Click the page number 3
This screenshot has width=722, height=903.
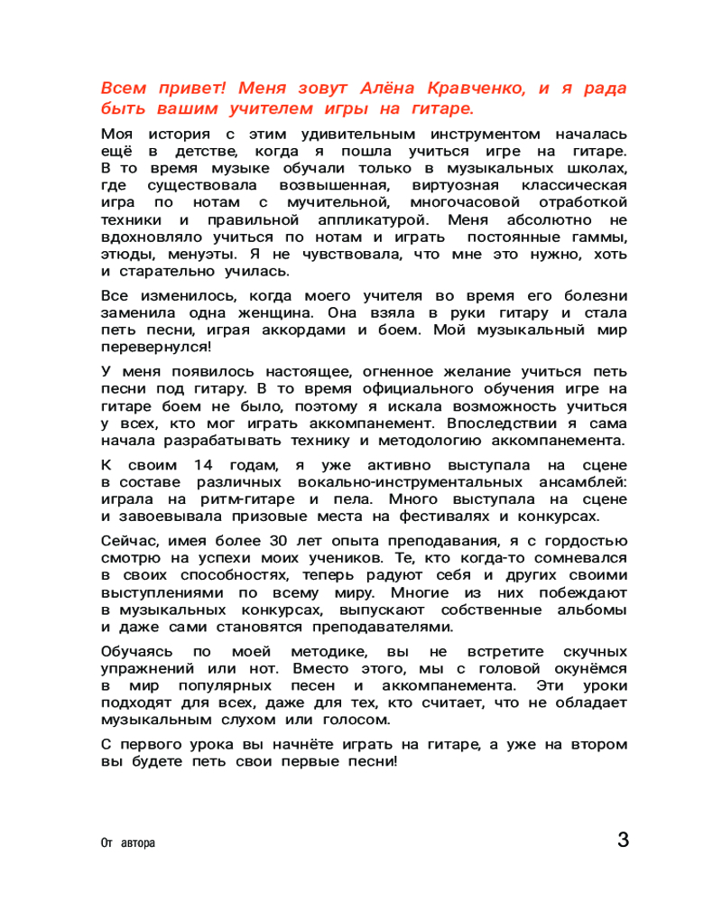click(x=623, y=839)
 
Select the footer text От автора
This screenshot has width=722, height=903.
click(x=127, y=842)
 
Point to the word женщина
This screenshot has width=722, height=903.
click(x=271, y=312)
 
